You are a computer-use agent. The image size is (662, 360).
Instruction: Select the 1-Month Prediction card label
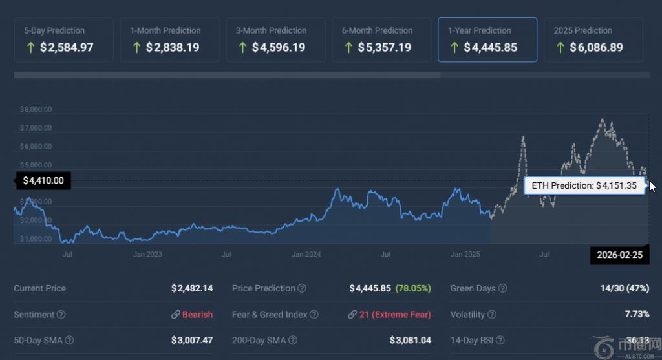coord(165,30)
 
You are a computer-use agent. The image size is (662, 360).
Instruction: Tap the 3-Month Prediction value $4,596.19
coord(279,48)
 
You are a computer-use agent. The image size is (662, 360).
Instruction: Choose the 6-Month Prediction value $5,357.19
coord(384,48)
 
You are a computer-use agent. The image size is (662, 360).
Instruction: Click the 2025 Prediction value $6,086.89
coord(596,48)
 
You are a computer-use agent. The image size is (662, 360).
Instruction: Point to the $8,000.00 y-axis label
coord(36,109)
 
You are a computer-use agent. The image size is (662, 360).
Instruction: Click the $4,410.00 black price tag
coord(43,181)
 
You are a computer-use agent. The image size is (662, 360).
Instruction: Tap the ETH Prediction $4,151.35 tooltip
coord(584,185)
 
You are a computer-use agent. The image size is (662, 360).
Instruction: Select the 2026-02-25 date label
coord(619,255)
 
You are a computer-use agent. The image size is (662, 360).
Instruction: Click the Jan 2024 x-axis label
coord(306,255)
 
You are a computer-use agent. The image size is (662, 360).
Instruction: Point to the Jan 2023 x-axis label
coord(147,255)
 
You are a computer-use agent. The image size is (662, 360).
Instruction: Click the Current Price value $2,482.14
coord(192,288)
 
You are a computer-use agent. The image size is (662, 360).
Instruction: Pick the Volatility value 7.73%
coord(637,315)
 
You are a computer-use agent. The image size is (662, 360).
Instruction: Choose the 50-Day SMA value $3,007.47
coord(192,340)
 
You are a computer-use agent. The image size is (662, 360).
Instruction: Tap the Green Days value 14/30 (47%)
coord(624,288)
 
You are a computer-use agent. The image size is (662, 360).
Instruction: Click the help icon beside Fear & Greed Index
coord(314,315)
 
